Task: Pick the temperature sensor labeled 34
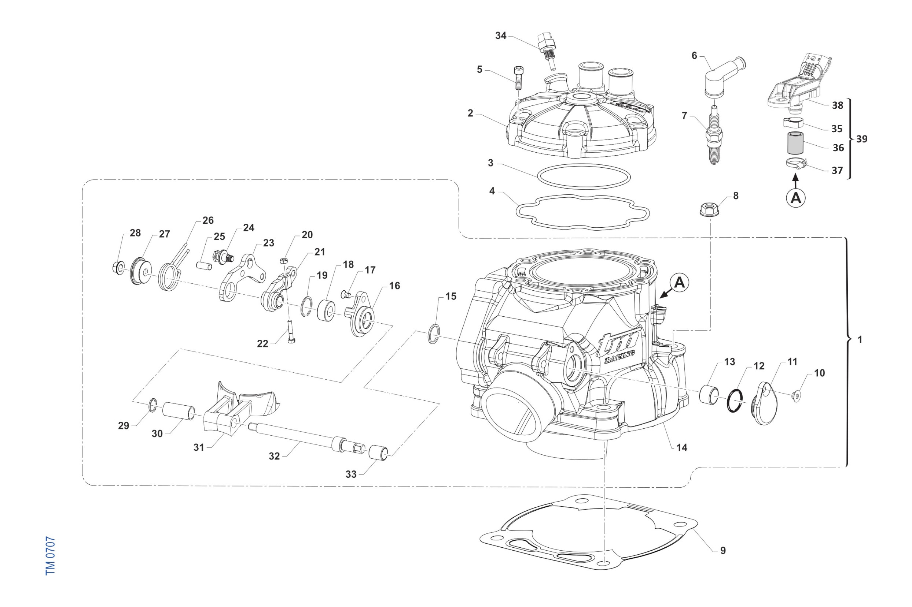(x=546, y=48)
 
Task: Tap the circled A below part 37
(x=795, y=198)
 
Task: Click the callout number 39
(x=862, y=139)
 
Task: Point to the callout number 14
(x=682, y=447)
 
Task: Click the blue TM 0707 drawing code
(x=50, y=555)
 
